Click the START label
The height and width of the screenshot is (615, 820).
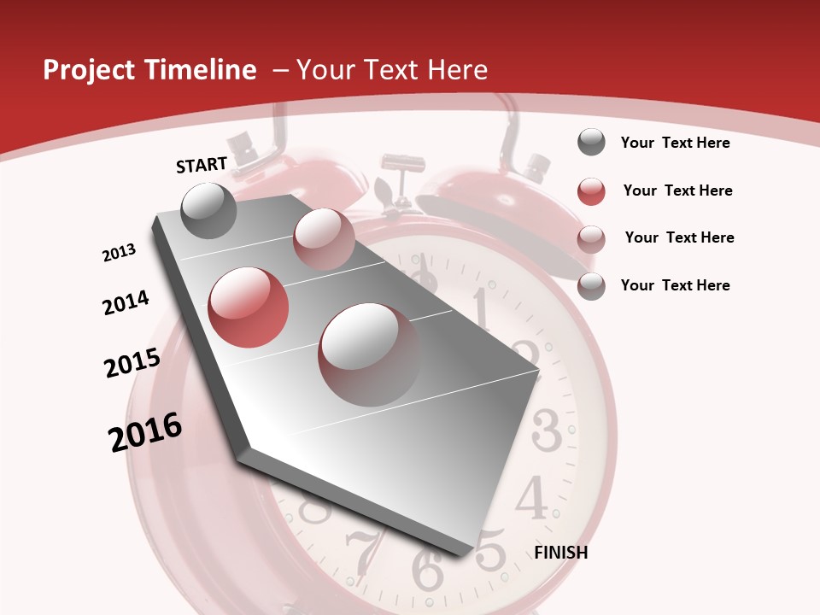[202, 165]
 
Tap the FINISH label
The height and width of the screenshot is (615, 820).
[561, 553]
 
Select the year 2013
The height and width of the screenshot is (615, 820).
[120, 253]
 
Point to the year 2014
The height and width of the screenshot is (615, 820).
[126, 303]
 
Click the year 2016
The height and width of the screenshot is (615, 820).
[145, 432]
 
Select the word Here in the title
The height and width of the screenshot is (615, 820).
[457, 70]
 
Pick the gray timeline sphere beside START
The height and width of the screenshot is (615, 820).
[209, 210]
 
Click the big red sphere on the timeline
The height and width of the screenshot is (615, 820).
[248, 307]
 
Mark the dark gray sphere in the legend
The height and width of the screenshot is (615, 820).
[591, 143]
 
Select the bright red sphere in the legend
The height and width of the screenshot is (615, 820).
[591, 191]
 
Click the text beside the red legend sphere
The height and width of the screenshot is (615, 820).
[677, 190]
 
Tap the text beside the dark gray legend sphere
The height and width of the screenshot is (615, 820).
[675, 143]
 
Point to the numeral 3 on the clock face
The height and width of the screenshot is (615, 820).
[547, 430]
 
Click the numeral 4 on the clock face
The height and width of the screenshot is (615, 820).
[532, 497]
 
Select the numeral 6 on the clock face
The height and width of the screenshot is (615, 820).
[427, 568]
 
